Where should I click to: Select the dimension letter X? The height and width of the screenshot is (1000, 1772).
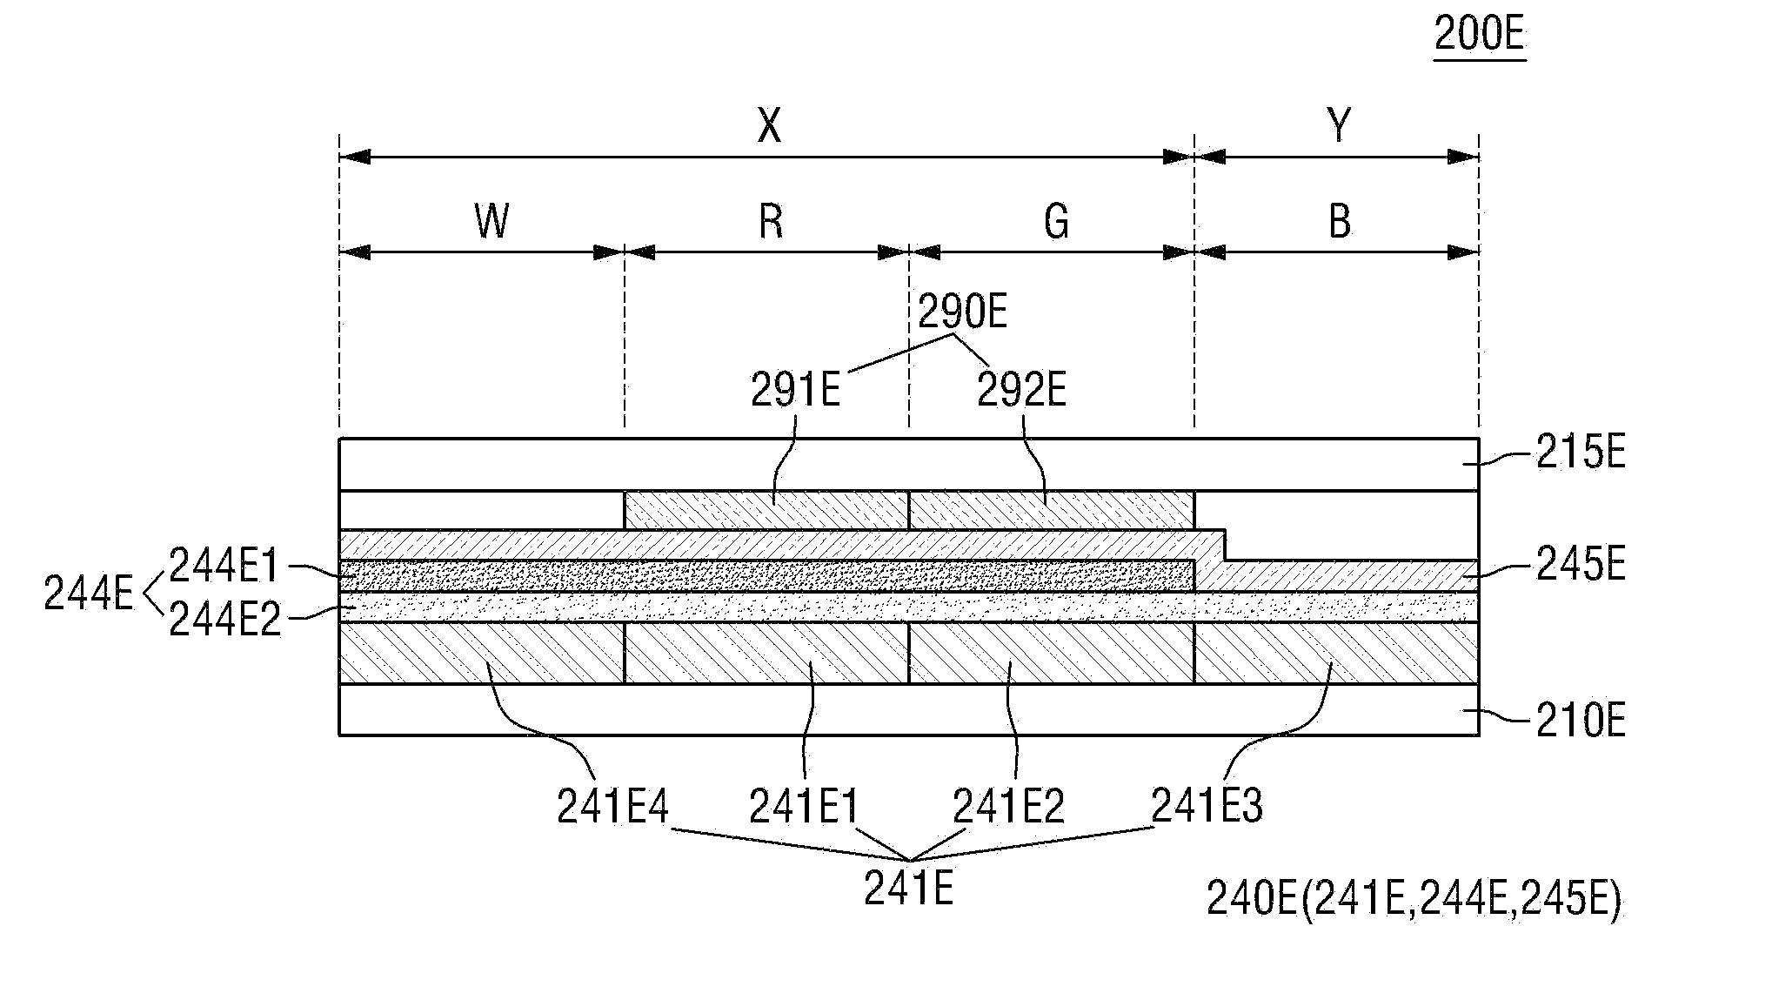pyautogui.click(x=770, y=127)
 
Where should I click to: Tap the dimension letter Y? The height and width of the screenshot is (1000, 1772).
pyautogui.click(x=1340, y=127)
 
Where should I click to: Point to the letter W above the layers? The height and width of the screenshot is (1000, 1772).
pyautogui.click(x=491, y=222)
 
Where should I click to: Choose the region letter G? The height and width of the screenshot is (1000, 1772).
pyautogui.click(x=1056, y=222)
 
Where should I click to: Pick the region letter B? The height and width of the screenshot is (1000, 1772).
pyautogui.click(x=1340, y=222)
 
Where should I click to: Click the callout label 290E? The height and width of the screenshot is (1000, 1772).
pyautogui.click(x=963, y=312)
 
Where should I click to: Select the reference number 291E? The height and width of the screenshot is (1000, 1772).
pyautogui.click(x=796, y=392)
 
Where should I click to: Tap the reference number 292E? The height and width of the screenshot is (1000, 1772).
pyautogui.click(x=1021, y=392)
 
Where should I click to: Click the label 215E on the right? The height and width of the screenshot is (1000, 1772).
pyautogui.click(x=1580, y=454)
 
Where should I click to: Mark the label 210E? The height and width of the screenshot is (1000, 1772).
pyautogui.click(x=1580, y=721)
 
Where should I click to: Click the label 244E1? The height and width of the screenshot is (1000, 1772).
pyautogui.click(x=224, y=567)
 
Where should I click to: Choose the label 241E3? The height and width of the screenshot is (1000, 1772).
pyautogui.click(x=1207, y=805)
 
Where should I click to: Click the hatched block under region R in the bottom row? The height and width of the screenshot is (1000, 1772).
pyautogui.click(x=766, y=653)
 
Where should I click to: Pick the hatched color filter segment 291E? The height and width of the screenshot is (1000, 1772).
pyautogui.click(x=766, y=510)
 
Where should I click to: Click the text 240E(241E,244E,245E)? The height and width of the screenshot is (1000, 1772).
pyautogui.click(x=1414, y=900)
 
